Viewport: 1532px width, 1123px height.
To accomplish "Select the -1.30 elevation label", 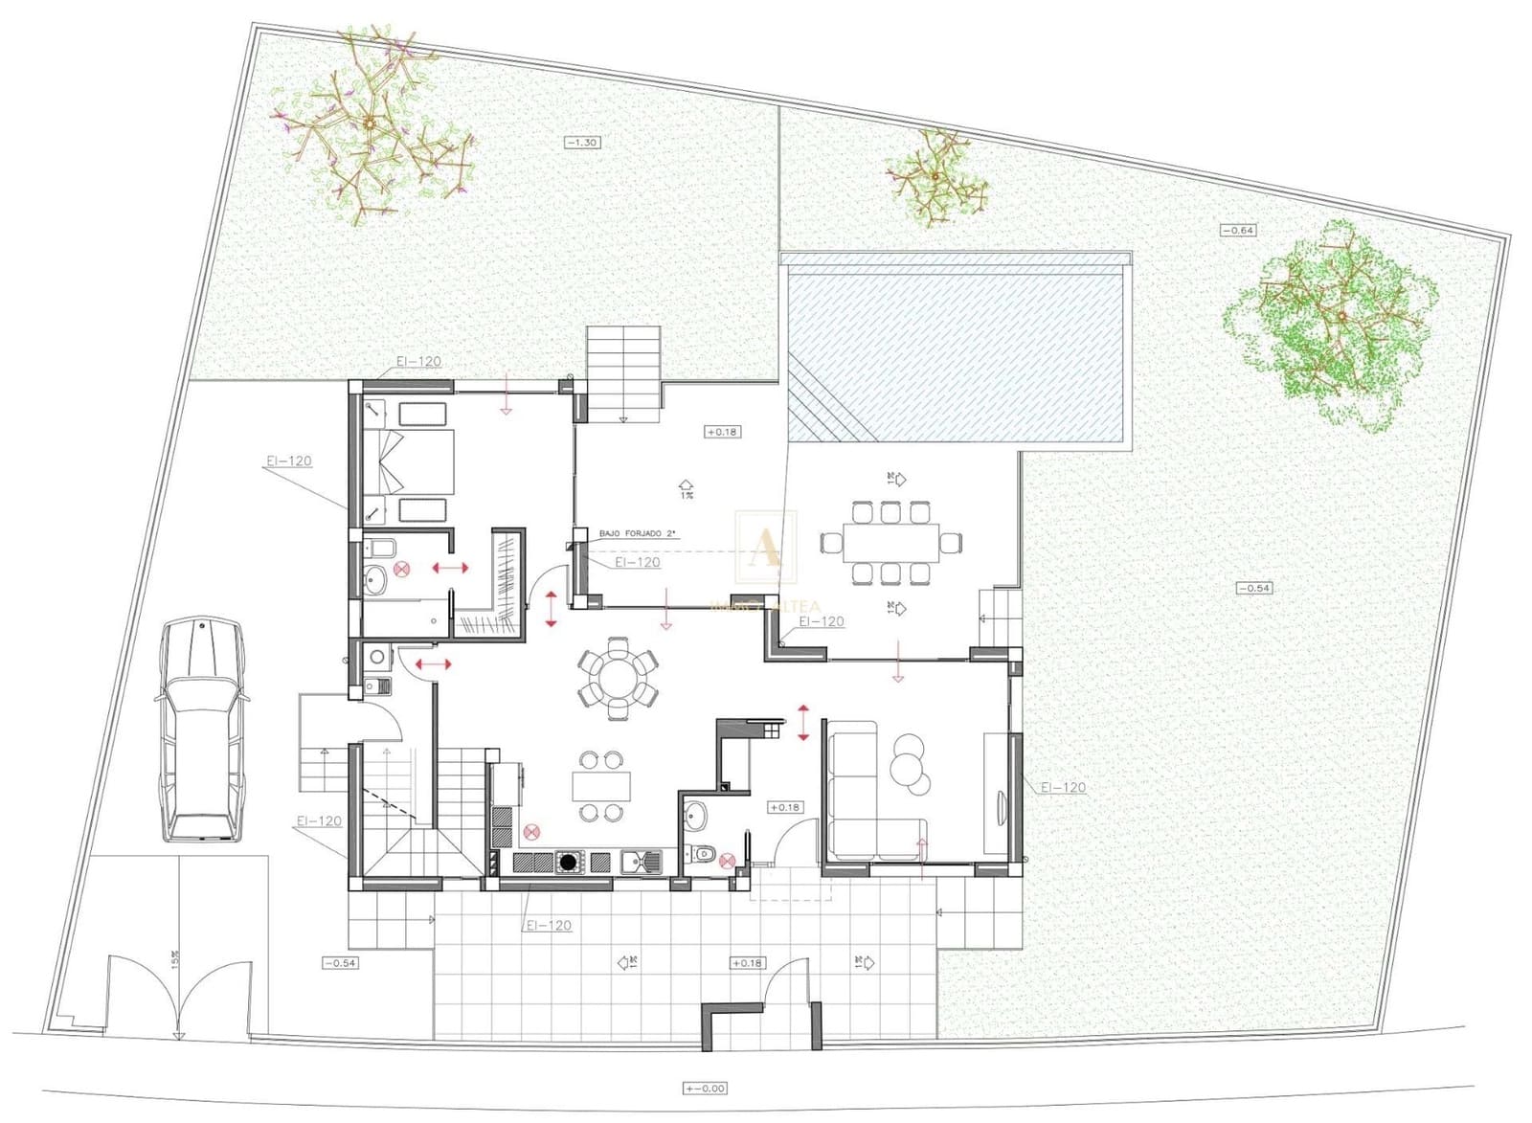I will click(x=582, y=142).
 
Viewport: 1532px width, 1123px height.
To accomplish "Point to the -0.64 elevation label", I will click(x=1238, y=230).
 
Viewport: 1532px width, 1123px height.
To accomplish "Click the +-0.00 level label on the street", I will click(x=705, y=1088).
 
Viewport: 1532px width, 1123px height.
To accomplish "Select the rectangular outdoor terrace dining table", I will click(x=890, y=543).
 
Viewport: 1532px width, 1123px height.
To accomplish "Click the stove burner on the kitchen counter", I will click(x=569, y=863).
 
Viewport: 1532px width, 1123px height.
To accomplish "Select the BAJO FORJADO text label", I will click(x=638, y=533).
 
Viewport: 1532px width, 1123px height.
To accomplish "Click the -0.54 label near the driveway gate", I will click(x=340, y=962).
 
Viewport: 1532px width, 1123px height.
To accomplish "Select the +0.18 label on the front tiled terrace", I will click(x=747, y=962).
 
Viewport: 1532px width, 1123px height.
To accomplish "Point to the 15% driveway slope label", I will click(x=175, y=959).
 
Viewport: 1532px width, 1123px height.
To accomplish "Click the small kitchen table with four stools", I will click(x=601, y=786).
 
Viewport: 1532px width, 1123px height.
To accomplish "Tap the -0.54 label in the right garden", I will click(x=1253, y=588).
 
